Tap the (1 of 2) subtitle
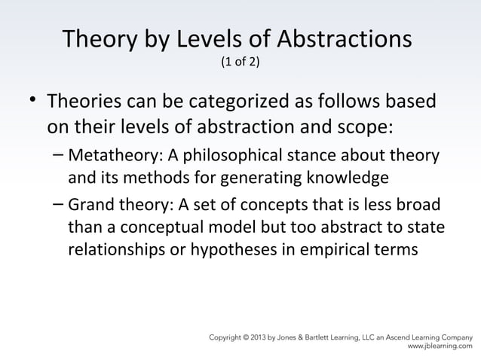(240, 63)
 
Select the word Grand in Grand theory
(88, 206)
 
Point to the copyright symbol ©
(247, 337)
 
